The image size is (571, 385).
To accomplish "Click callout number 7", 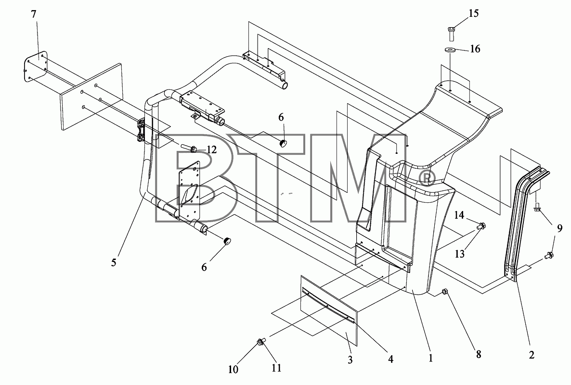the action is point(34,14).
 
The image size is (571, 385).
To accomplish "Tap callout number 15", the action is point(473,13).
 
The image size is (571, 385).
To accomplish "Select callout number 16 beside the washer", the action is point(475,49).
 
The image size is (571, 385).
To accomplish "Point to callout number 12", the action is point(211,149).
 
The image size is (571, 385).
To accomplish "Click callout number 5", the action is point(114,262).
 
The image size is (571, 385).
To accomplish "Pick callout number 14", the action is point(459,215).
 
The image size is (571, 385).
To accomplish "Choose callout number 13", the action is point(460,253).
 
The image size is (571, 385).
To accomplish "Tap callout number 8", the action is point(479,354).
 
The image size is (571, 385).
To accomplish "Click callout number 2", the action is point(532,355).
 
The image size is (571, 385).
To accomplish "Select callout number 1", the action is point(431,358).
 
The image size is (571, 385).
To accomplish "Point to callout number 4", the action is point(390,359).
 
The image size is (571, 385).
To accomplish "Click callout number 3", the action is point(350,360).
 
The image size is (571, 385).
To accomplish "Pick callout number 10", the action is point(233,369).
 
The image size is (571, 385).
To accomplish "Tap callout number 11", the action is point(276,368).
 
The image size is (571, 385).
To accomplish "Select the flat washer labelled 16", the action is point(451,49).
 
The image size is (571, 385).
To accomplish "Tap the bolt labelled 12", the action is point(189,148).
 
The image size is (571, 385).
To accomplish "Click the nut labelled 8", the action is point(445,292).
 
